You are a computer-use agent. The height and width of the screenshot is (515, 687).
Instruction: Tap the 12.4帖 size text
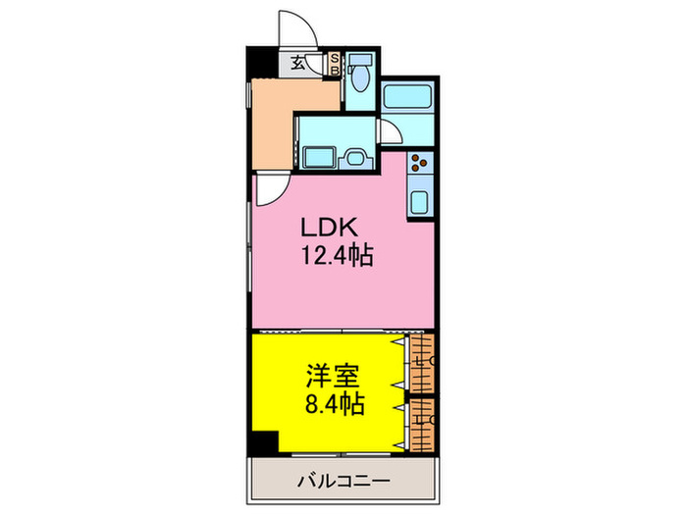coord(337,257)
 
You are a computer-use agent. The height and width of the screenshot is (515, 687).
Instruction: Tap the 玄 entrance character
coord(296,65)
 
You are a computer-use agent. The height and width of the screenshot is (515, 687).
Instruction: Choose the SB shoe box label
coord(334,64)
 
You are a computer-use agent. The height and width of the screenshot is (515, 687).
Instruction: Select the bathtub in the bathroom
coord(406,97)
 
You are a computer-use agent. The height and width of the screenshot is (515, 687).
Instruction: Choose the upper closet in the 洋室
coord(423,362)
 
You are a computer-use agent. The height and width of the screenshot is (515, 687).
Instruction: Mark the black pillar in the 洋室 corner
coord(263,443)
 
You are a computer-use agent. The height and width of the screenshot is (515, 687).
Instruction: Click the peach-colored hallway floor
coord(272,118)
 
